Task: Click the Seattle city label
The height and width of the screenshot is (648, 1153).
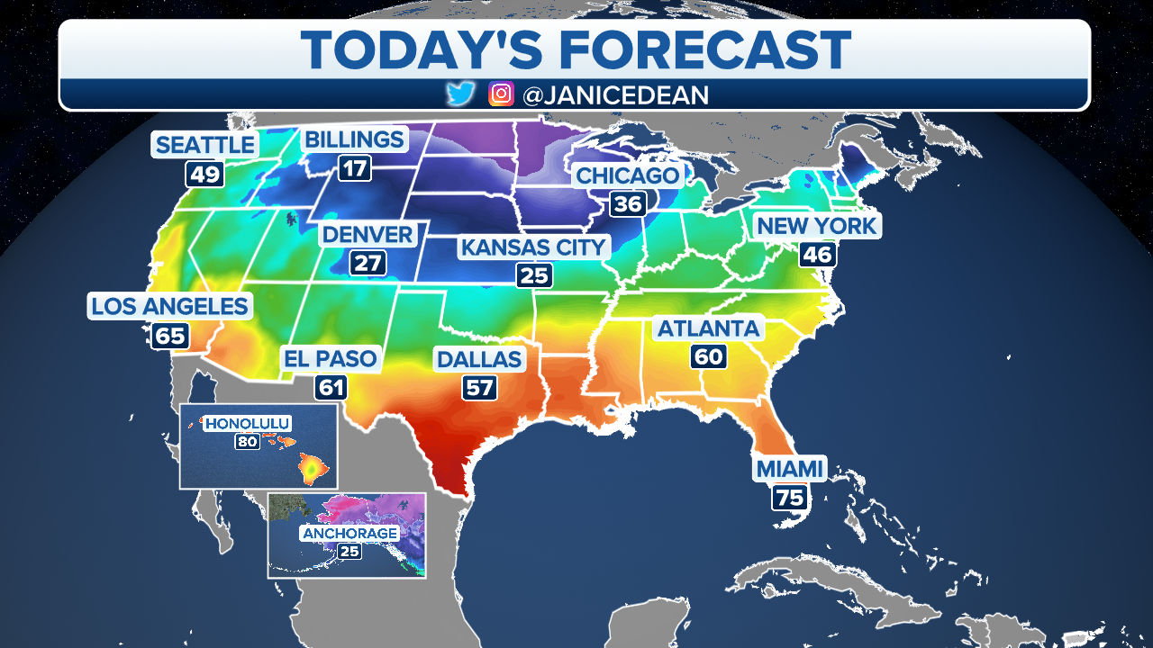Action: [205, 144]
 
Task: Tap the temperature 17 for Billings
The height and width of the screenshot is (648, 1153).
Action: [354, 167]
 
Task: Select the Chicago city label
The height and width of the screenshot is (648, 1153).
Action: [627, 175]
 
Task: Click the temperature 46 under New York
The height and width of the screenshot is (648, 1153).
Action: [817, 255]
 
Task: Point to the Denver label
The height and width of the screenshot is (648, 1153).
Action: [368, 236]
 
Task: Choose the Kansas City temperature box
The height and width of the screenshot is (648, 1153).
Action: [534, 275]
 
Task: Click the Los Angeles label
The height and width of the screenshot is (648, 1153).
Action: [169, 306]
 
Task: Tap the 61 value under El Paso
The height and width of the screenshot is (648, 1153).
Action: [331, 388]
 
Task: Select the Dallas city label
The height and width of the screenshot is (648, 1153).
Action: [479, 360]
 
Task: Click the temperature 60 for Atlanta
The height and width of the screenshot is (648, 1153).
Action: [708, 356]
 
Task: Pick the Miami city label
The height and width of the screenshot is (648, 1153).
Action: [789, 469]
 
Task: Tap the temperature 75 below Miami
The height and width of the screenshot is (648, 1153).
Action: [789, 498]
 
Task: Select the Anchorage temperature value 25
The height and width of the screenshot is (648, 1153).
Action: [349, 550]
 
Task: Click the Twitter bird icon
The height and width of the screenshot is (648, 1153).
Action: [460, 94]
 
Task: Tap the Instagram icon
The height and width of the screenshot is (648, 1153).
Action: [501, 94]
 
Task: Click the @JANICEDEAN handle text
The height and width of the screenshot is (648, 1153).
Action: [615, 94]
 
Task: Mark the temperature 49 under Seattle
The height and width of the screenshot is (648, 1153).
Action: [204, 174]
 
